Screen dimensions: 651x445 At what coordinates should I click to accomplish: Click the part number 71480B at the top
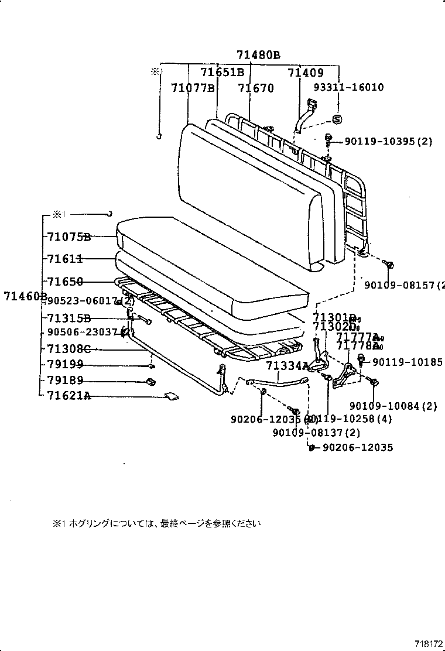(258, 56)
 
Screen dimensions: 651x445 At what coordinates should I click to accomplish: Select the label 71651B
(222, 73)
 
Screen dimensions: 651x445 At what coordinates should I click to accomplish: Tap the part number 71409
(306, 73)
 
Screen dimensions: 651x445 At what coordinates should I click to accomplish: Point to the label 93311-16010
(348, 87)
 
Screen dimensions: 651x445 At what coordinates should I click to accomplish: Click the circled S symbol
(337, 119)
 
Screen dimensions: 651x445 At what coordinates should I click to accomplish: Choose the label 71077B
(193, 88)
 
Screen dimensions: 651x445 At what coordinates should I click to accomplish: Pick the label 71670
(256, 88)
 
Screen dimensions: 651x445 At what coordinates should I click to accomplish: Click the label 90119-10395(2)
(388, 141)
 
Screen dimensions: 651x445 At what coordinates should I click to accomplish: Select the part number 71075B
(69, 237)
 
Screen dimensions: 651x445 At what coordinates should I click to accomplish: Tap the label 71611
(65, 258)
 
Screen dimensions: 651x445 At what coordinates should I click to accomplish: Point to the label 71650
(65, 282)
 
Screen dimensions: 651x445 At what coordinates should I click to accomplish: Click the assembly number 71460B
(25, 296)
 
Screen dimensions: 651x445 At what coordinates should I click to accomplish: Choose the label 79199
(65, 364)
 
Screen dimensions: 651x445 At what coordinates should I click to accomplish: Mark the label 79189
(65, 381)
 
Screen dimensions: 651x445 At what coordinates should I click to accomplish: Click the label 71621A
(69, 396)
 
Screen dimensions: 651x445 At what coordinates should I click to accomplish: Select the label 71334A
(287, 366)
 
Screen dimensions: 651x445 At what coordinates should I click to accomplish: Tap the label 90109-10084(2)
(393, 406)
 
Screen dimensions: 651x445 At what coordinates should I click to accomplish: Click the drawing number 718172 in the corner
(429, 643)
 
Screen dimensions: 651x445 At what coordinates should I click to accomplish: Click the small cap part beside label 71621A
(173, 396)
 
